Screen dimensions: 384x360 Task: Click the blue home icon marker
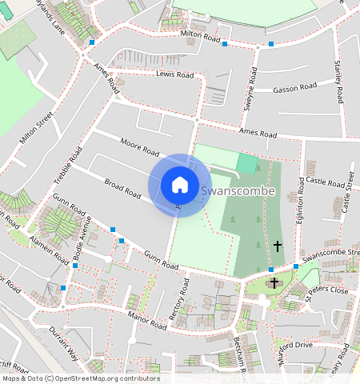click(180, 185)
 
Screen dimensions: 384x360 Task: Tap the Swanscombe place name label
click(238, 191)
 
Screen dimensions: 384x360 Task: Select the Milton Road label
click(200, 36)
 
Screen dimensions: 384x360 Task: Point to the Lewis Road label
click(176, 75)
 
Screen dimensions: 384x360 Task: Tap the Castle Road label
click(324, 183)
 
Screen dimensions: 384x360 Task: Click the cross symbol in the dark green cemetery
click(278, 246)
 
